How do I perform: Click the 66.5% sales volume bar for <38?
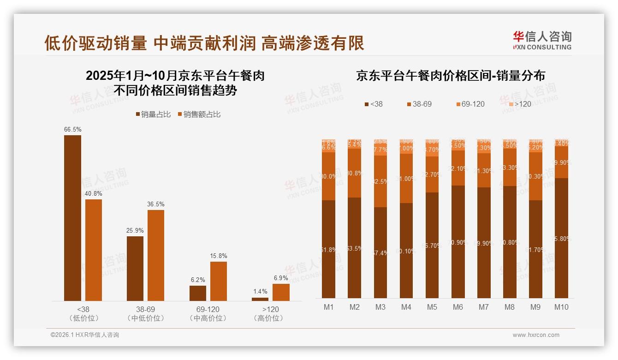[72, 218]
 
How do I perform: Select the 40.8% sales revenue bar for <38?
[94, 250]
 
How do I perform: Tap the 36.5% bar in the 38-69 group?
[156, 255]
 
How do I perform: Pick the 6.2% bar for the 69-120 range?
[198, 293]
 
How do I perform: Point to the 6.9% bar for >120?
[281, 292]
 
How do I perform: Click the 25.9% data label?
[135, 230]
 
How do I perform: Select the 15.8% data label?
[219, 256]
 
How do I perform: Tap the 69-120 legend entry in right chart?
[470, 104]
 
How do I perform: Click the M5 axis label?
[432, 307]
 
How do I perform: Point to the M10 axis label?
[561, 307]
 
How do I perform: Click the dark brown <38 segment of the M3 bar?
[380, 252]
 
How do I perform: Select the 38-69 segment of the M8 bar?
[510, 167]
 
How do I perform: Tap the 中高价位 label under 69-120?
[208, 318]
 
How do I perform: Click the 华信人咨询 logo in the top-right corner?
[542, 40]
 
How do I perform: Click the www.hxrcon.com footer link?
[536, 335]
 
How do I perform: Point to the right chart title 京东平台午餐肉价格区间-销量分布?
[450, 76]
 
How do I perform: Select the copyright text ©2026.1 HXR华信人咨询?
[85, 335]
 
